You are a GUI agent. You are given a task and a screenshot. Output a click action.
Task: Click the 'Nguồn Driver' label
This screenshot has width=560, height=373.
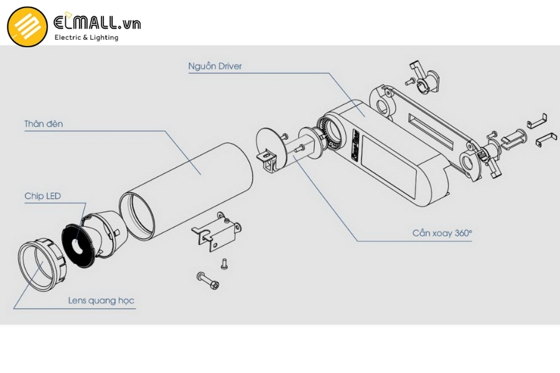point(215,66)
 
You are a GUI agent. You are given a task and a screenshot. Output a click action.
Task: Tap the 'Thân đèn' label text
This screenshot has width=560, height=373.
point(44,124)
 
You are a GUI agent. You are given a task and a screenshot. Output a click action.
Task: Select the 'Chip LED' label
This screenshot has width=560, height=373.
point(43,196)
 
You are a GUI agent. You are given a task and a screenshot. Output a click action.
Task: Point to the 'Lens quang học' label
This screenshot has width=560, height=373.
point(101,300)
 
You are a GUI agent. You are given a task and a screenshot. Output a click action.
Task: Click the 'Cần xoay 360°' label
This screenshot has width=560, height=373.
point(442,233)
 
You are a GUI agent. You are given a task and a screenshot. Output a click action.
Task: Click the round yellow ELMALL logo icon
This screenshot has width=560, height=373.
point(27,27)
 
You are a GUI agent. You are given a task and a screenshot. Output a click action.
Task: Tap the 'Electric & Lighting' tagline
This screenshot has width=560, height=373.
point(86,37)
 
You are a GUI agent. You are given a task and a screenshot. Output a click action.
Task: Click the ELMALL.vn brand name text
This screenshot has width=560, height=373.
point(97,22)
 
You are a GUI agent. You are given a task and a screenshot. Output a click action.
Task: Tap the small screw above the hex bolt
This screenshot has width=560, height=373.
point(224,264)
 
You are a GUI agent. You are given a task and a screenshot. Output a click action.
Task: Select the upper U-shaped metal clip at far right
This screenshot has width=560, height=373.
point(536,120)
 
